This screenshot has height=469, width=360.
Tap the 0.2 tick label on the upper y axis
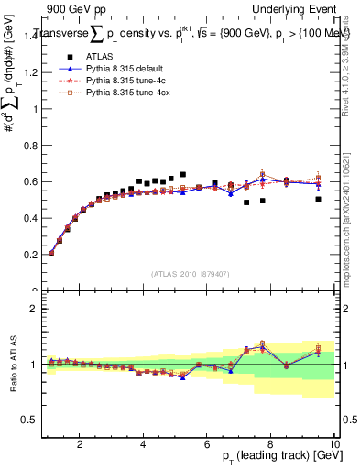click(31, 254)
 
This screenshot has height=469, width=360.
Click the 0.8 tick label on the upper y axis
click(31, 145)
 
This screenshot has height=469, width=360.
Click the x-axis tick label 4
click(143, 444)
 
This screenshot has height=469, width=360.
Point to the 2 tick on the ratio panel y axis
click(35, 309)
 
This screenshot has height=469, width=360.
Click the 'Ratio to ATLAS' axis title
click(11, 365)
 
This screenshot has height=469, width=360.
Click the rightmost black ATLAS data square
click(318, 199)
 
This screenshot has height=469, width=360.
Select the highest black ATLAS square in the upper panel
click(183, 174)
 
